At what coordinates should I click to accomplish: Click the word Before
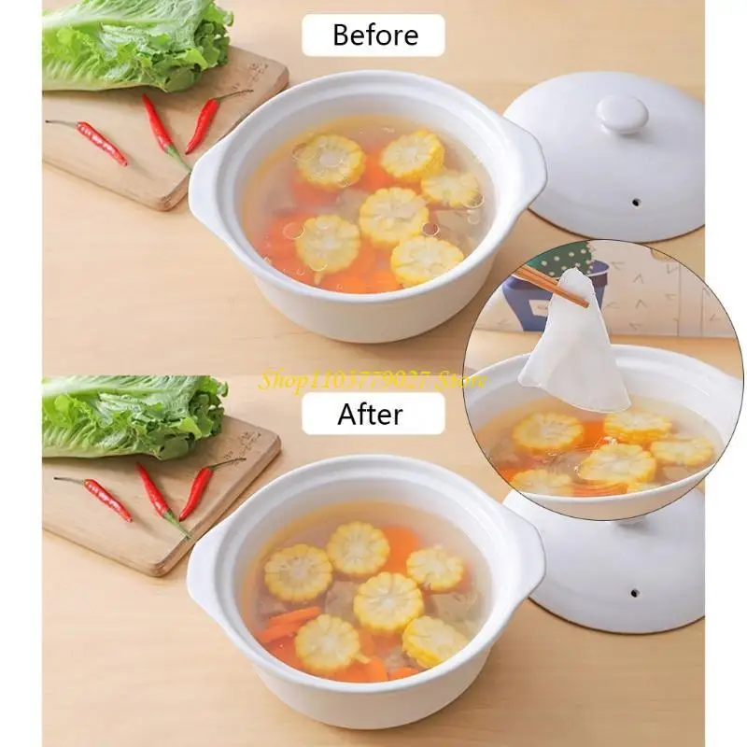pos(375,35)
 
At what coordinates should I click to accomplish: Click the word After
pos(370,414)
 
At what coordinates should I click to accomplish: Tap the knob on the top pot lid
pos(622,114)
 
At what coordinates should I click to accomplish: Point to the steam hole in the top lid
pos(636,203)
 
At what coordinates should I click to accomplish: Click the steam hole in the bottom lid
pos(634,594)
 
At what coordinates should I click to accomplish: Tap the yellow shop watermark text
pos(373,381)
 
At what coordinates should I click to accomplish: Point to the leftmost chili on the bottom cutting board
pos(94,496)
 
